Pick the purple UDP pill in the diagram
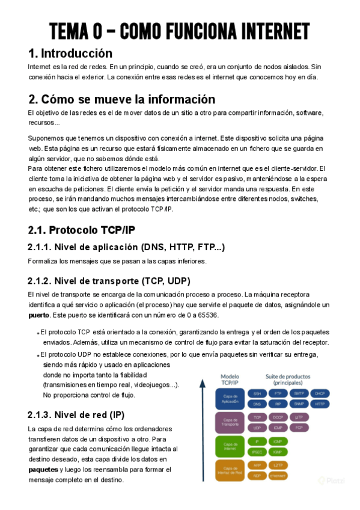point(257,428)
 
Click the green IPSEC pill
point(257,452)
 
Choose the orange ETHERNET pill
point(278,475)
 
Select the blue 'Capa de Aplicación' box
point(230,398)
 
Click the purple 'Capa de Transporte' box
point(230,422)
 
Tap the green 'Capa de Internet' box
point(230,446)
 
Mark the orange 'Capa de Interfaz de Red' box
point(230,470)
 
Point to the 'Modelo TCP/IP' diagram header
point(230,379)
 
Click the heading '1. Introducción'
point(70,53)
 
